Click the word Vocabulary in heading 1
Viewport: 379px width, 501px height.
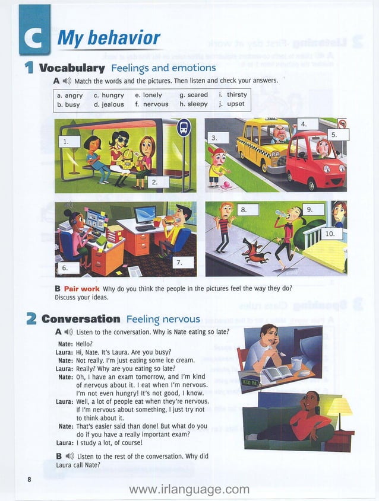(71, 68)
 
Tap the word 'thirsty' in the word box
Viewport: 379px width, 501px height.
(236, 95)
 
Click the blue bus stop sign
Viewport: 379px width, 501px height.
(184, 127)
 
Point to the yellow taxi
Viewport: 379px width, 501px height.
(264, 145)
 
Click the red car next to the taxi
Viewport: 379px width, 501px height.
(315, 160)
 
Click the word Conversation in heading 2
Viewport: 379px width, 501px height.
(81, 319)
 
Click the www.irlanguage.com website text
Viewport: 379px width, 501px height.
(189, 489)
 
